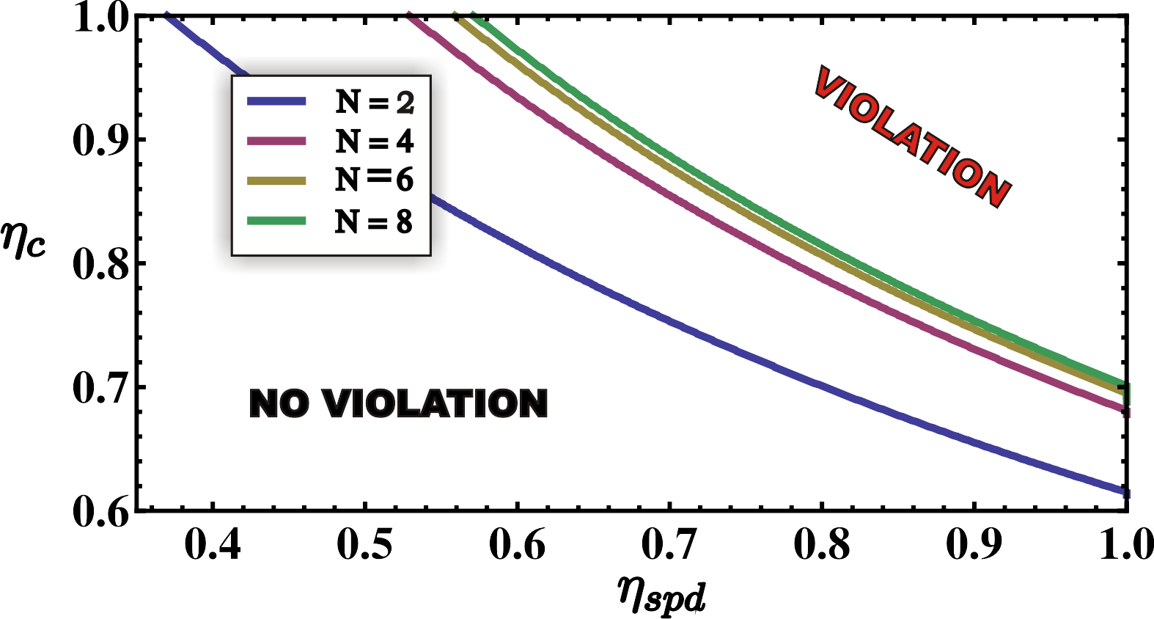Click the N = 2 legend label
pyautogui.click(x=375, y=102)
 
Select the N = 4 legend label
pyautogui.click(x=375, y=141)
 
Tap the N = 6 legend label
pyautogui.click(x=375, y=180)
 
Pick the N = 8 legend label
pyautogui.click(x=375, y=221)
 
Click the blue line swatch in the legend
pyautogui.click(x=276, y=102)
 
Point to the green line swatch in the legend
pyautogui.click(x=276, y=221)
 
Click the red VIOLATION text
pyautogui.click(x=913, y=137)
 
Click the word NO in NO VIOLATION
pyautogui.click(x=279, y=403)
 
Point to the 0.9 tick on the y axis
pyautogui.click(x=99, y=139)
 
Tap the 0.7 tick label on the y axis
pyautogui.click(x=99, y=387)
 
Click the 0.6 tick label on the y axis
pyautogui.click(x=99, y=511)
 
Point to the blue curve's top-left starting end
pyautogui.click(x=168, y=15)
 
